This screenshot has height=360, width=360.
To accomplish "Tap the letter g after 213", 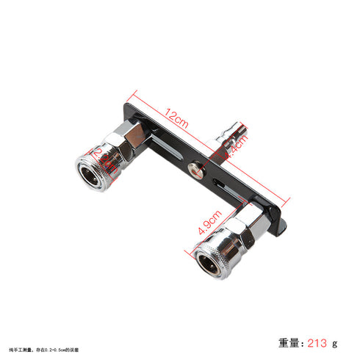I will (x=334, y=343).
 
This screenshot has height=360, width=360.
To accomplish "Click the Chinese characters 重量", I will (x=289, y=342).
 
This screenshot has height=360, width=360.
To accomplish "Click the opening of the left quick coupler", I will (x=93, y=172).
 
